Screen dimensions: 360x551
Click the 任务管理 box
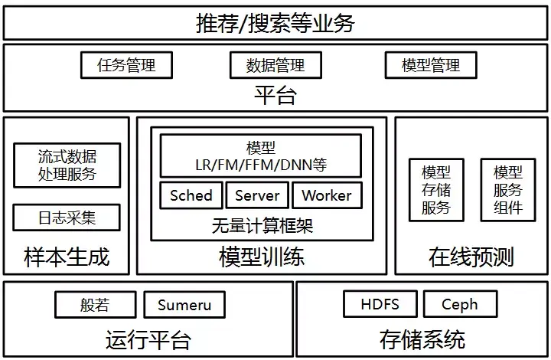(x=126, y=65)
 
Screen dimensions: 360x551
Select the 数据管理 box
(x=275, y=65)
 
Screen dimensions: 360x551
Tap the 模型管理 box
(x=431, y=65)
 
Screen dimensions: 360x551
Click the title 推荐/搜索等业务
(x=275, y=23)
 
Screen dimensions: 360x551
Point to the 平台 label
(x=275, y=96)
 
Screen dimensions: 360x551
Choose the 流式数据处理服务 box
(x=67, y=165)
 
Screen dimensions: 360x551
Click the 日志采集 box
(x=67, y=218)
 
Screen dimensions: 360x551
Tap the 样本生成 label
(x=67, y=257)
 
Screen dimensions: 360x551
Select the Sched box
(x=191, y=195)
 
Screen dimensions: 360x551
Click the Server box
(x=257, y=195)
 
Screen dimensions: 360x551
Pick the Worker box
(x=326, y=195)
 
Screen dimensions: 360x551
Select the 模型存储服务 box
(x=435, y=190)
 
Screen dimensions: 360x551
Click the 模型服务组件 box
(x=507, y=190)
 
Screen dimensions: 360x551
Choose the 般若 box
(x=95, y=305)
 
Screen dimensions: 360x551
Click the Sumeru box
(x=184, y=305)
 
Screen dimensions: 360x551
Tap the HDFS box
(x=380, y=305)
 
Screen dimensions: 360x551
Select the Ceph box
(x=459, y=305)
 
